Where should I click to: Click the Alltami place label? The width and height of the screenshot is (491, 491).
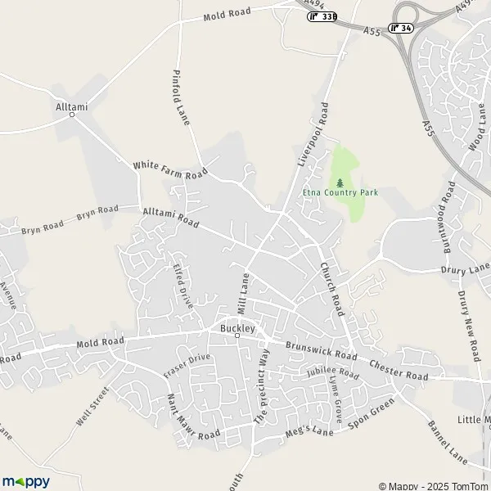pos(71,106)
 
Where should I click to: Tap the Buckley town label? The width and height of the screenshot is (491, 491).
pos(238,327)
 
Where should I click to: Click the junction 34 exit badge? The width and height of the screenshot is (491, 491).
pos(401,27)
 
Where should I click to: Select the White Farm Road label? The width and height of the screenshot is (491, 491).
pos(170,170)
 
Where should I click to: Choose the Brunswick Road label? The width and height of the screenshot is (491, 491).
pos(321,350)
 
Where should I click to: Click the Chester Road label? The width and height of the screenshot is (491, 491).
pos(399,370)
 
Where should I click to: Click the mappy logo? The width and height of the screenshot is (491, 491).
pos(26,481)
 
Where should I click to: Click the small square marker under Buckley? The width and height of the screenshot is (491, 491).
pos(238,336)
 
